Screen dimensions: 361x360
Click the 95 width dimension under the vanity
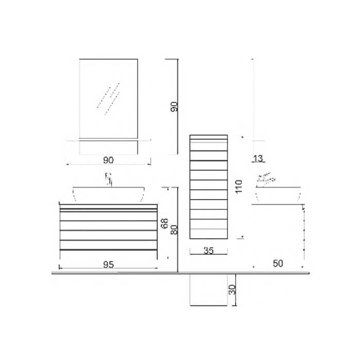point(108,265)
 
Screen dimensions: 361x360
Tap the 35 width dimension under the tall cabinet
point(208,251)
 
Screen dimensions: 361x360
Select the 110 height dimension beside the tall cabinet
point(239,186)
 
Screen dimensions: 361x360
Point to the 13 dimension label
point(258,158)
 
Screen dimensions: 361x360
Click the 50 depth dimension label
point(278,264)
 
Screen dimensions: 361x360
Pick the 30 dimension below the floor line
point(232,289)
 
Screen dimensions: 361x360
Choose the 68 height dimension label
point(165,223)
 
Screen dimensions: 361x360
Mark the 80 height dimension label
point(174,230)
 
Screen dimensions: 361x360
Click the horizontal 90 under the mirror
point(108,160)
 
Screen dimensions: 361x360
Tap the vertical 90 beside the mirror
point(174,107)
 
